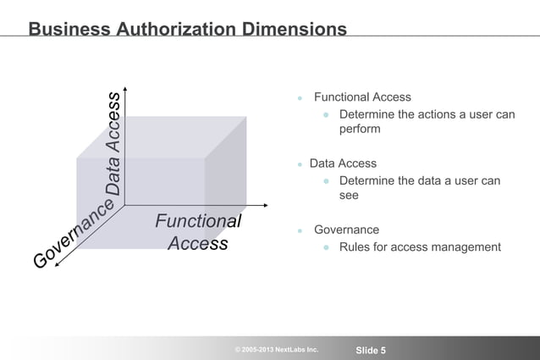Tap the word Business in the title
pos(69,29)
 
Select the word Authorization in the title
pos(169,29)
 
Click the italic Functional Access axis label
pos(198,232)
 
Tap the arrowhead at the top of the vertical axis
pos(125,87)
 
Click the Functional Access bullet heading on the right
pos(362,97)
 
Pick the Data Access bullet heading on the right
pos(343,163)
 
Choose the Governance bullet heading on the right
pos(346,230)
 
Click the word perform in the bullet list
pos(360,130)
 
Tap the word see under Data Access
pos(349,196)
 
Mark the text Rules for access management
pos(420,247)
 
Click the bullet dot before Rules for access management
pos(325,248)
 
